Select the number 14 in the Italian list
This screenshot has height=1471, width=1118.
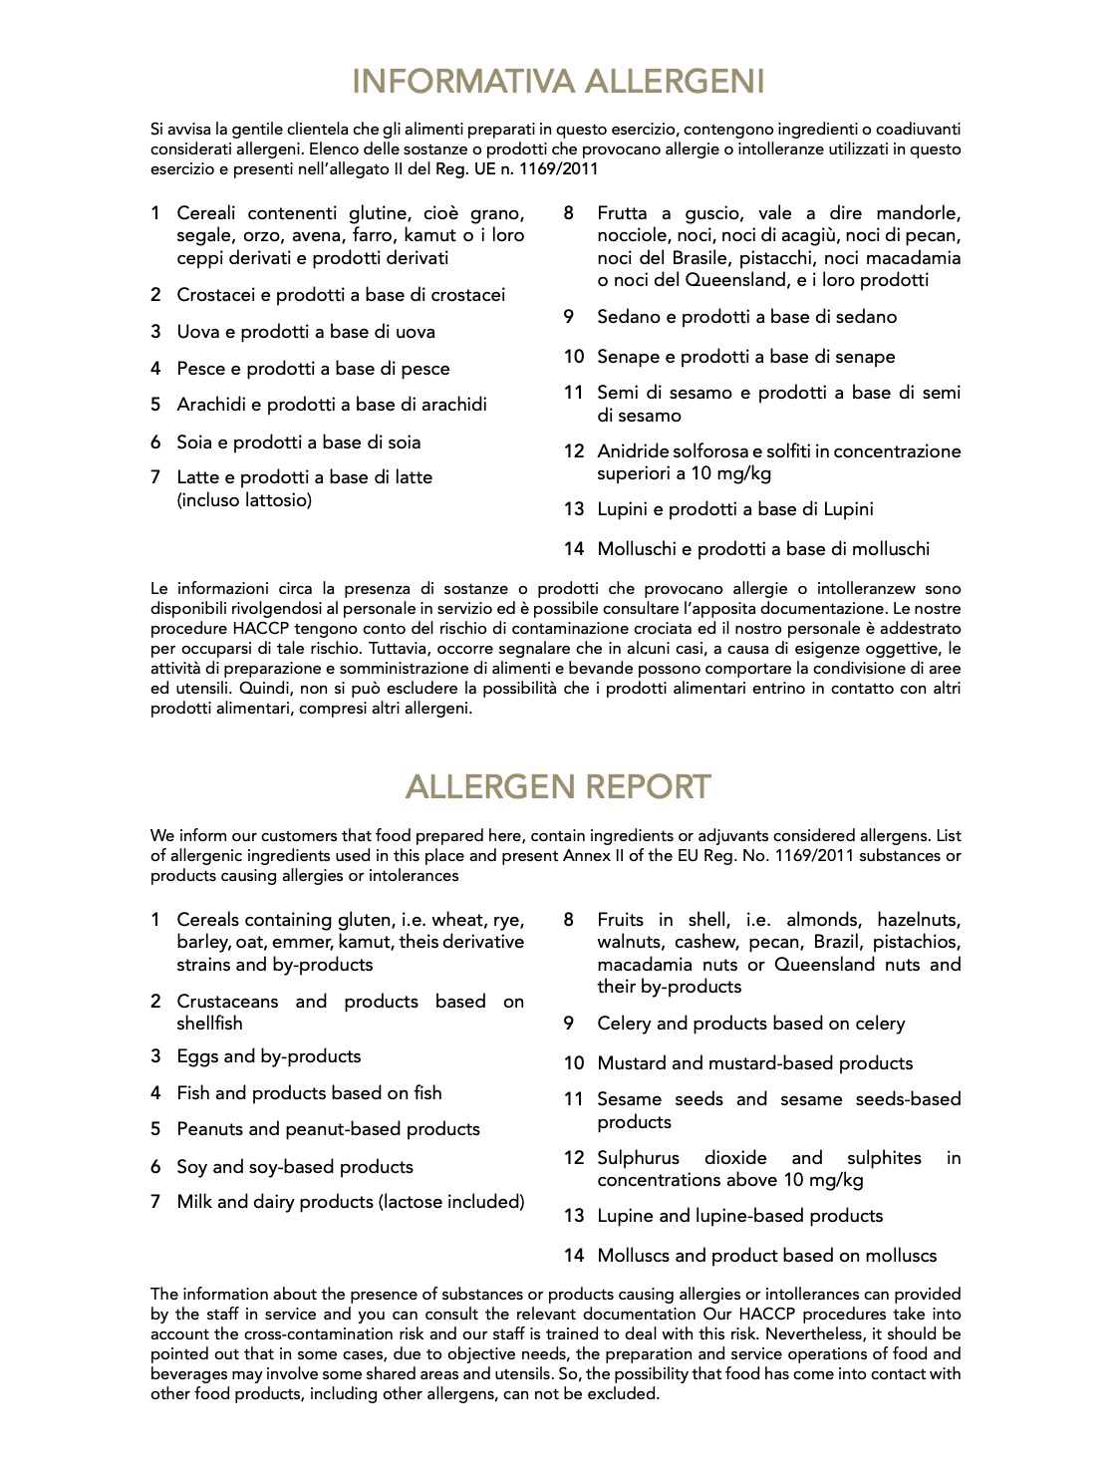573,548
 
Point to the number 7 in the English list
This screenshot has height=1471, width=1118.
155,1202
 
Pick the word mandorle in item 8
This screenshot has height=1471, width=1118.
919,213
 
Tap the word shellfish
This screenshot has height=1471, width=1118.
209,1023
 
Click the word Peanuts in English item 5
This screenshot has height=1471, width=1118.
209,1129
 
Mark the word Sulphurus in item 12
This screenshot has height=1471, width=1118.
638,1158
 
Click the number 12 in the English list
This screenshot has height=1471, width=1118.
573,1158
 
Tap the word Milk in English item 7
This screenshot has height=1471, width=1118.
194,1202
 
